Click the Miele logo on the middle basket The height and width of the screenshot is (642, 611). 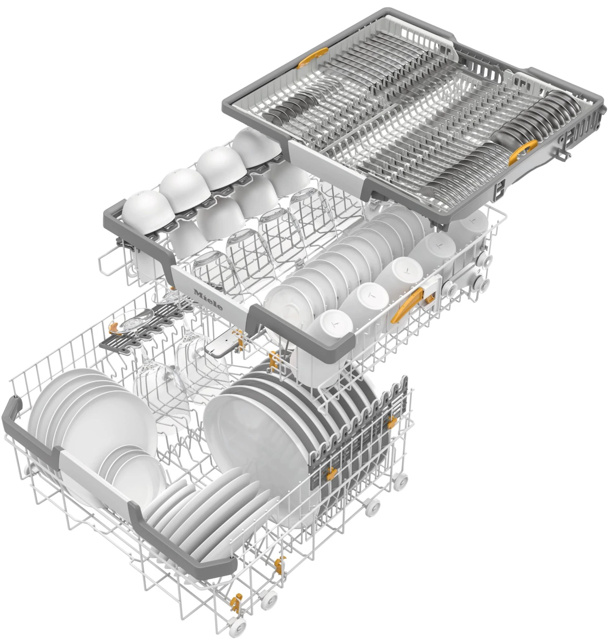[208, 300]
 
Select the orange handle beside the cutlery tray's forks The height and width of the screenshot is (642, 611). [523, 152]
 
